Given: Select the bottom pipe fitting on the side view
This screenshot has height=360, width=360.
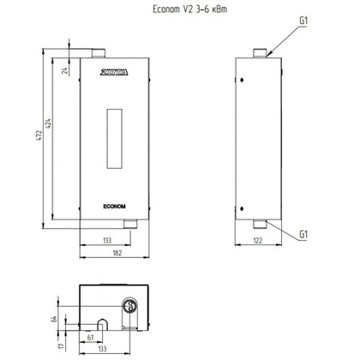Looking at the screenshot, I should pos(261,224).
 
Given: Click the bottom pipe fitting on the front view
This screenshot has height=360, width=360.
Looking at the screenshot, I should pos(129,224).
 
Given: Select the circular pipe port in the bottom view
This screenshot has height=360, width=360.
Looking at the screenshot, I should pos(131,306).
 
